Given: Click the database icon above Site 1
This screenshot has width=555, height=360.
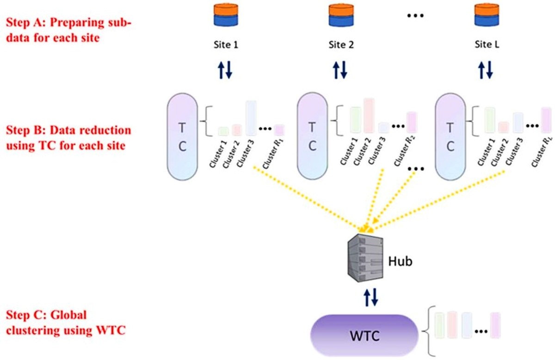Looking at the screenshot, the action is pos(226,15).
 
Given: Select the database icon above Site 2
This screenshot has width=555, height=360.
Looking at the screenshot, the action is pos(341,15).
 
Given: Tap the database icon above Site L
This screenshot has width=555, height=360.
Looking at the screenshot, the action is pos(487,15).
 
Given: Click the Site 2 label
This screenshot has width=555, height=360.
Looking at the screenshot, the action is pos(341,45).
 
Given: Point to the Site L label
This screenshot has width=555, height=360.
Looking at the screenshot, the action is pos(487,44).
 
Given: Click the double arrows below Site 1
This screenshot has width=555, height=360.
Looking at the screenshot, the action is pos(225,70).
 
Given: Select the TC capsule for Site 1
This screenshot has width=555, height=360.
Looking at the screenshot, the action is pos(182,137).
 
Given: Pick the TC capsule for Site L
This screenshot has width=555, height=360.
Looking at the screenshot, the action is pos(450,137).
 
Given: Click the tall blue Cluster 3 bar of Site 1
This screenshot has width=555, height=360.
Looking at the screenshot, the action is pos(251,118).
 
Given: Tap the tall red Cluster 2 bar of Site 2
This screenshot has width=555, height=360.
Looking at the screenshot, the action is pos(369,116).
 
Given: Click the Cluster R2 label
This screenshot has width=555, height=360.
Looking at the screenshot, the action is pos(404,151).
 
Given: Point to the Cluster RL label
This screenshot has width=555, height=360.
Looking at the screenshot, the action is pos(542,152).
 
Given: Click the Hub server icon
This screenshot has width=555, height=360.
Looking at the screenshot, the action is pos(365,258).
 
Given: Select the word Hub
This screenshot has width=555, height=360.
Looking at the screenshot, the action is pos(400,262).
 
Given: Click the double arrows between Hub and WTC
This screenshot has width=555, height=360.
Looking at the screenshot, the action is pos(371,297).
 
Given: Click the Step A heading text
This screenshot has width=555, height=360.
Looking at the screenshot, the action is pos(68,30).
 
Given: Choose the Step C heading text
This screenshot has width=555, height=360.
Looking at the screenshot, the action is pos(66,323).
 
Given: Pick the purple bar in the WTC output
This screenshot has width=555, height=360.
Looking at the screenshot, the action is pos(495,325).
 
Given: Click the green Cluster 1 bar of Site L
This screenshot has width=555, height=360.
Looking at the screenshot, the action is pos(490,120).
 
